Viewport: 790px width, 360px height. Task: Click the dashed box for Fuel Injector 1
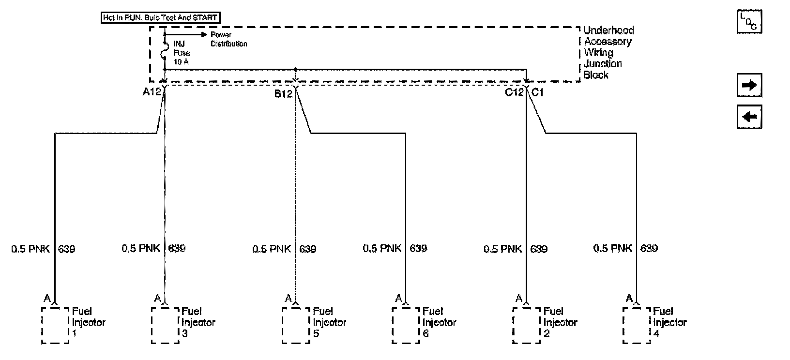click(55, 325)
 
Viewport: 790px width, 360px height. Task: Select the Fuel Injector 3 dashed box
click(165, 325)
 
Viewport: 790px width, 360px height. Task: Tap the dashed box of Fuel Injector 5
click(296, 325)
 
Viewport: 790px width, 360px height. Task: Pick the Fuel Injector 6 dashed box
click(406, 325)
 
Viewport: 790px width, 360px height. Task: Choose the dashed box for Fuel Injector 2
click(526, 325)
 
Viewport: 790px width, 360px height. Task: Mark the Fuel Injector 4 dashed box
click(637, 325)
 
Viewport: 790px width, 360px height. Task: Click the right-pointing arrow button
click(749, 86)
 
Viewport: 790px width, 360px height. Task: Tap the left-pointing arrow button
click(749, 117)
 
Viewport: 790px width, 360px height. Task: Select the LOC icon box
click(749, 22)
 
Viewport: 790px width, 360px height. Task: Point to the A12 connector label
click(152, 91)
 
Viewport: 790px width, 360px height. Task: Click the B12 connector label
click(284, 93)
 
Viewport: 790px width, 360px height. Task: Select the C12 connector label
click(514, 92)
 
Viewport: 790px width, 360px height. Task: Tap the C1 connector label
click(538, 92)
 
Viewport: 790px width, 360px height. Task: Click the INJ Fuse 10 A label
click(182, 52)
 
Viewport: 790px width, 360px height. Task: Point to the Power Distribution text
click(228, 39)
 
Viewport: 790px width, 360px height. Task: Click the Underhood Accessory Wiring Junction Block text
click(608, 52)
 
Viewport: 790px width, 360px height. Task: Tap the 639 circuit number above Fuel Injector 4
click(649, 248)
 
